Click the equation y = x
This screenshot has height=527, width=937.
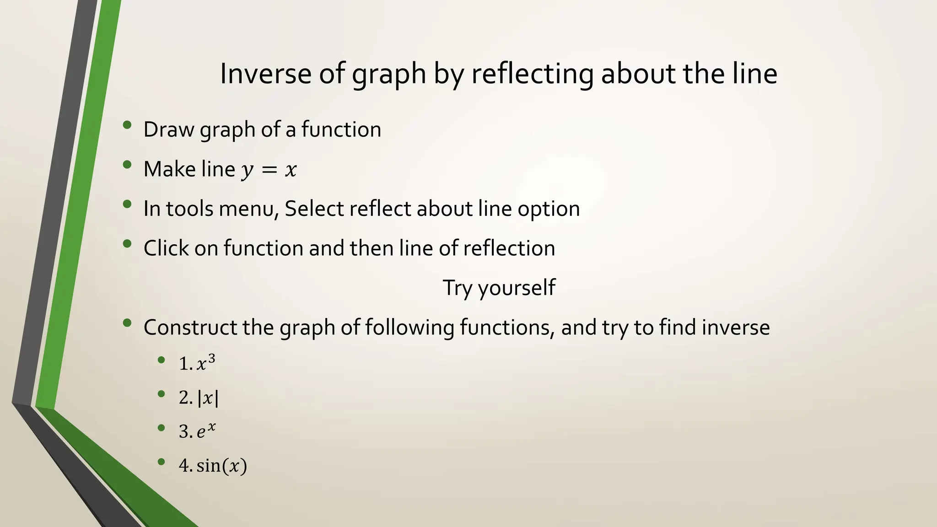[269, 170]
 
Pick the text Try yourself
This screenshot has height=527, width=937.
[499, 288]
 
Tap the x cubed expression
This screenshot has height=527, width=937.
[205, 363]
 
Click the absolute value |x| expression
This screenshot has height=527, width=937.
[208, 398]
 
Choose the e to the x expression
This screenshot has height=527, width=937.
[206, 431]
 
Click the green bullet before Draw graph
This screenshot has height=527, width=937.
[127, 125]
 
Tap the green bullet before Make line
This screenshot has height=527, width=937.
[127, 165]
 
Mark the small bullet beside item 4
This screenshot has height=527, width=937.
[161, 462]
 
